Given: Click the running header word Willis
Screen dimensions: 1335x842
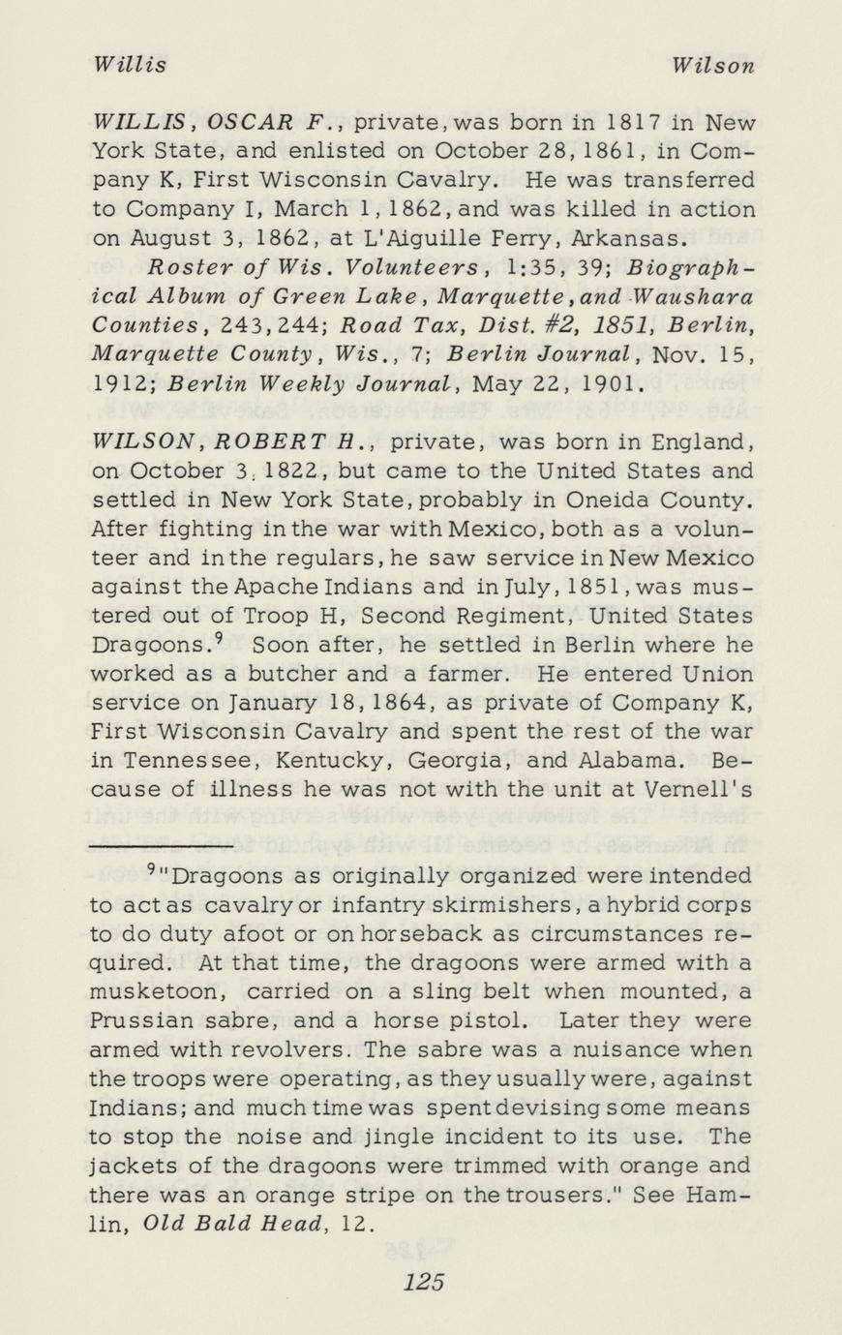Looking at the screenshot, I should (130, 65).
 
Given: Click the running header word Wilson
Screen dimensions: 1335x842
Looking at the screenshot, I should (713, 65).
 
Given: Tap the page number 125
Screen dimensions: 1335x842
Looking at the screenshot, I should (424, 1282).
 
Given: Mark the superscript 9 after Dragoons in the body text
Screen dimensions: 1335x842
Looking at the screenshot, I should (220, 637).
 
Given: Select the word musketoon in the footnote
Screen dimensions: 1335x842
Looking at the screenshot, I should (158, 991).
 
